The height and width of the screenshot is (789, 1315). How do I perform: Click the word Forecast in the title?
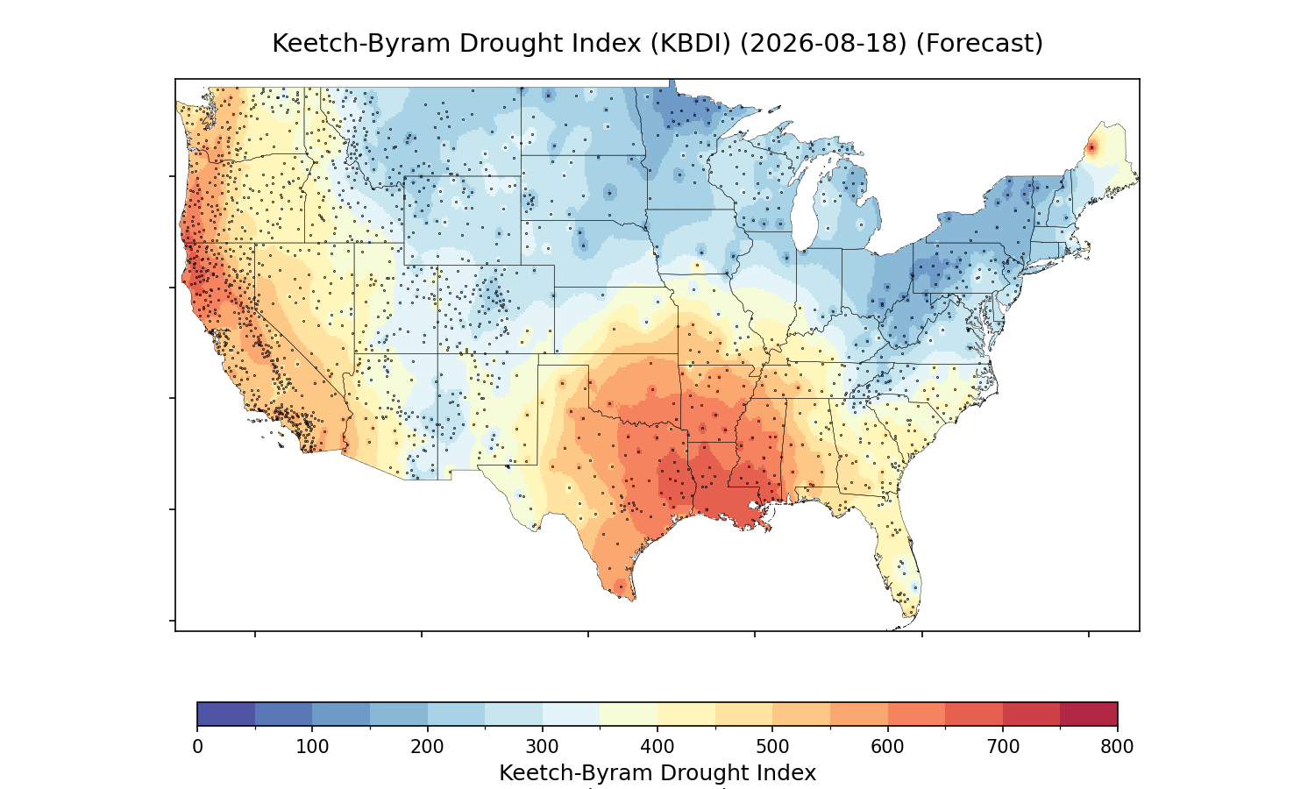tap(979, 44)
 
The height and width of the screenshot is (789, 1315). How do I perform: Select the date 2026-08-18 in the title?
tap(823, 44)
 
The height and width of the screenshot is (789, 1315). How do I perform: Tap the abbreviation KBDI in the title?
tap(691, 44)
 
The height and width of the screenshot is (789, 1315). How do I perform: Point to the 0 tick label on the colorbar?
tap(197, 747)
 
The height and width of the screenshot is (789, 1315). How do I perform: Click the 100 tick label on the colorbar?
tap(312, 747)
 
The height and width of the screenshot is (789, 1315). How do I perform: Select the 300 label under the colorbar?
tap(543, 747)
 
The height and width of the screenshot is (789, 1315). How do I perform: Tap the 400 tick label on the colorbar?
tap(657, 747)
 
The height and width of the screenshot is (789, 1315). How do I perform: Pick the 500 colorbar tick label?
tap(772, 747)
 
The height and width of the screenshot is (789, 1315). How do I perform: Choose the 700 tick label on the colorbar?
tap(1003, 747)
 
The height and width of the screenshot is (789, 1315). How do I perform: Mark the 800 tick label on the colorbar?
tap(1117, 747)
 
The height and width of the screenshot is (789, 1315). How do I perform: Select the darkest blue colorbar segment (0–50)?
tap(226, 714)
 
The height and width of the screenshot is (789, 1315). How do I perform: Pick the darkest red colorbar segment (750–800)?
tap(1089, 714)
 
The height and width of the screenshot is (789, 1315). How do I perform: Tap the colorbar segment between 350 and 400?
tap(629, 714)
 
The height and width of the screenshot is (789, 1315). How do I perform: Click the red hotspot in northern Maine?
tap(1092, 148)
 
